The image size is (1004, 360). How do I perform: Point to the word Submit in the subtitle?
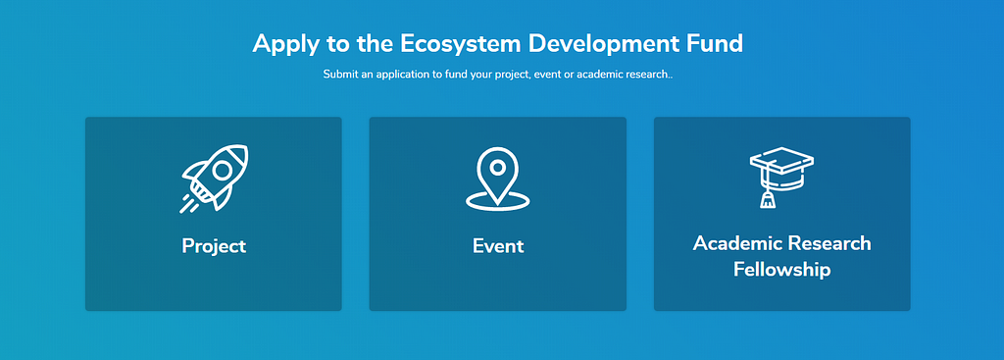pos(338,75)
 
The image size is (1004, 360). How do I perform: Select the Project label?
pos(214,246)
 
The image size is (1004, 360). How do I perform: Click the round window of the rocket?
pos(222,170)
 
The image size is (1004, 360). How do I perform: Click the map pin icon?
pos(497,179)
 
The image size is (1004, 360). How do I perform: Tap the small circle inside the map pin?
pos(497,168)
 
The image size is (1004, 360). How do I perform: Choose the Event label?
pos(498,246)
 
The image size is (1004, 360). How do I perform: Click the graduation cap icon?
pos(781,178)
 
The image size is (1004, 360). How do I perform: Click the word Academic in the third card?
pos(737,244)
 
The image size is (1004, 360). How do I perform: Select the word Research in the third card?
pos(829,244)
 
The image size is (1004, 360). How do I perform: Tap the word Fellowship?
pos(781,270)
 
